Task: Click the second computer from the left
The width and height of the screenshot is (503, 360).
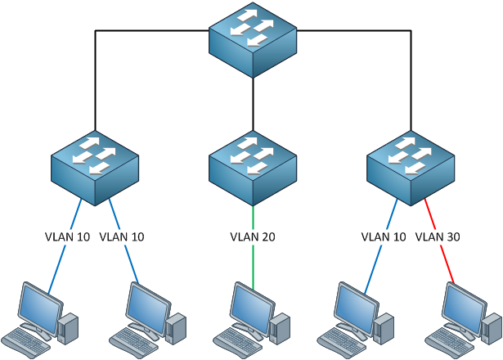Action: click(151, 315)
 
